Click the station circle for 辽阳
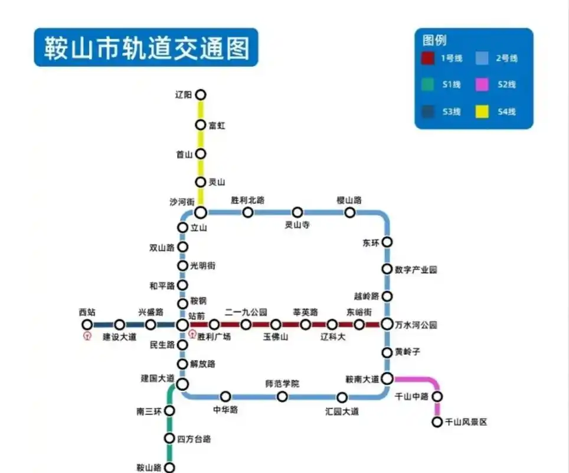(x=201, y=95)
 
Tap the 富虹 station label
(x=217, y=125)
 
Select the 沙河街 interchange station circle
(x=201, y=212)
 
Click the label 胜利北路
(x=248, y=200)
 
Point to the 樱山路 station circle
(x=350, y=212)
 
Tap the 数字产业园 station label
(x=416, y=270)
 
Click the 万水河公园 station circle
(x=387, y=324)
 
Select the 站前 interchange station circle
(x=182, y=324)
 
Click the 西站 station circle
(x=87, y=324)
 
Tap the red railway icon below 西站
(x=87, y=336)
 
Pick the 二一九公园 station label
(x=246, y=312)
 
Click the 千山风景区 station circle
(x=437, y=422)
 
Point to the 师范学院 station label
(x=282, y=384)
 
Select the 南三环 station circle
(x=169, y=410)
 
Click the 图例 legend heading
(x=434, y=40)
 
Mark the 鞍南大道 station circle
(x=387, y=378)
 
